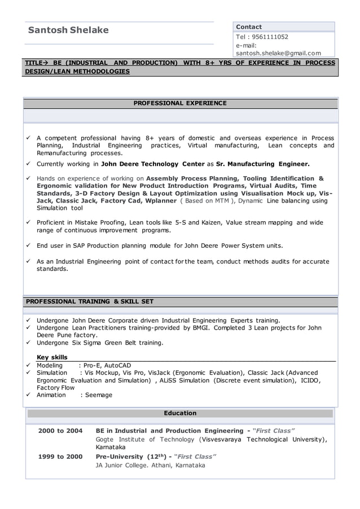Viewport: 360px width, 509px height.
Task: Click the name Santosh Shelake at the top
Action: pos(68,30)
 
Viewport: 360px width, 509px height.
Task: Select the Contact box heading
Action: pos(249,27)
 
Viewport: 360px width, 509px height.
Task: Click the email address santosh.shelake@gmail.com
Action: pos(278,53)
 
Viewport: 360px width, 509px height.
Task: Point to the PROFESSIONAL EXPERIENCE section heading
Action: pos(180,103)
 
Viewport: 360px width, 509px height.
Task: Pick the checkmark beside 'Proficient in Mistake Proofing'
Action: pos(28,223)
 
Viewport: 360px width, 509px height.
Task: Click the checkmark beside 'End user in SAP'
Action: pos(28,246)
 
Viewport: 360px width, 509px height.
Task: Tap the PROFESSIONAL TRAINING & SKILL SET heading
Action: pos(90,301)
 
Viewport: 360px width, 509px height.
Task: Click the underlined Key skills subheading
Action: pos(52,357)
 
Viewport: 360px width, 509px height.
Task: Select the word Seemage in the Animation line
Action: pos(99,395)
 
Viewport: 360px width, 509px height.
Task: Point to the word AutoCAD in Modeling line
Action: pos(118,365)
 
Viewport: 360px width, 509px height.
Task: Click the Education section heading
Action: pos(180,413)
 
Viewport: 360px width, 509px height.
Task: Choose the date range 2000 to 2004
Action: pos(60,431)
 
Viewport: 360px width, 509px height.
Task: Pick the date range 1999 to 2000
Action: pos(60,457)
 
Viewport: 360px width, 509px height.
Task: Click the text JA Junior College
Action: pos(122,466)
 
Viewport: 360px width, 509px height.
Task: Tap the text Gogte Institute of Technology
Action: pos(146,440)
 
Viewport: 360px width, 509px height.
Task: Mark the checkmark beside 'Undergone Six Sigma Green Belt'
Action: pos(28,343)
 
